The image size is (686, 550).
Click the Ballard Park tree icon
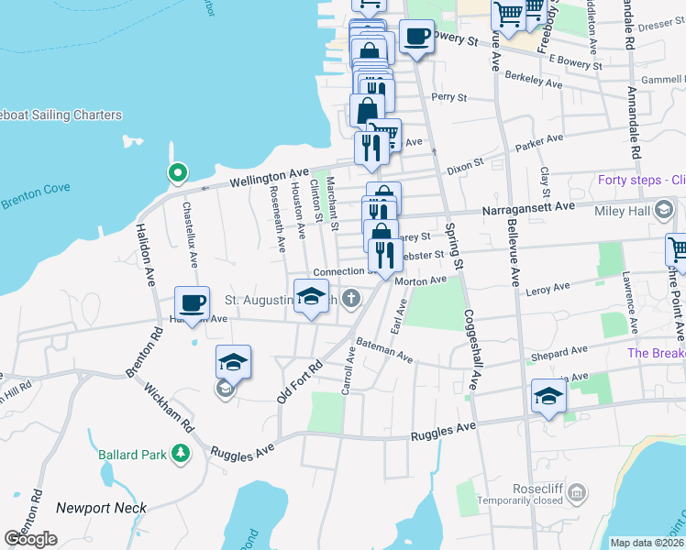182,453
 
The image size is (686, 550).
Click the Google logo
30,539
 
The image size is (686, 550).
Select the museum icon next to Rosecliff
576,495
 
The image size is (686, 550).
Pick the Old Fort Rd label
300,380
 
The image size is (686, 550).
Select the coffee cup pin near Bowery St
416,37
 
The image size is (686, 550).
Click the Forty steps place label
640,180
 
